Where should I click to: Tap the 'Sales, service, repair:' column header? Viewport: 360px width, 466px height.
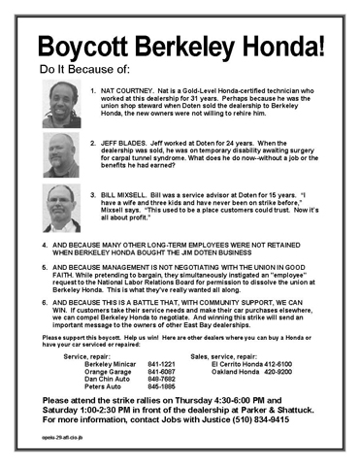pos(229,356)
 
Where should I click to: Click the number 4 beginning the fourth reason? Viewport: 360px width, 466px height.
pos(45,243)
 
